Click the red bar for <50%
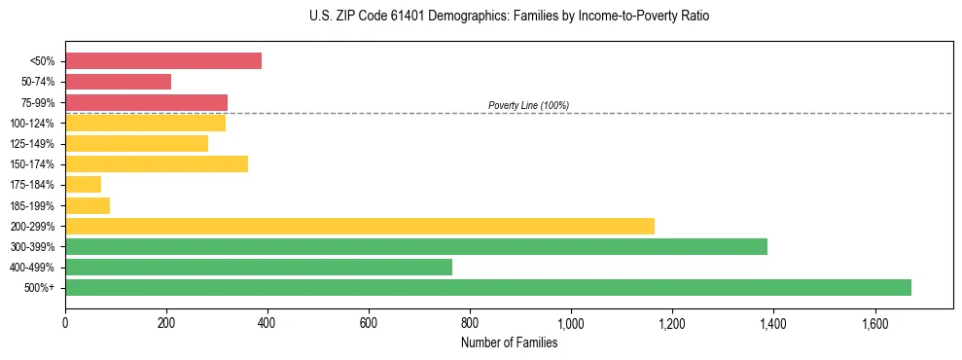(x=163, y=61)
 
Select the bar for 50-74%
(x=118, y=82)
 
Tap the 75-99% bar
(x=146, y=102)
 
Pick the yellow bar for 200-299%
(x=360, y=226)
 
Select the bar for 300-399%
(x=416, y=246)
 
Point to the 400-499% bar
(x=259, y=267)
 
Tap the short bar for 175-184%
(x=83, y=185)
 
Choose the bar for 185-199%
(x=88, y=205)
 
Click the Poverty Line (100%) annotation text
(x=528, y=105)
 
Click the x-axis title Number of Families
(x=509, y=342)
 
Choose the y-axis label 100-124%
(x=32, y=124)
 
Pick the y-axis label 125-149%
(x=32, y=144)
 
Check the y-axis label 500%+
(x=39, y=288)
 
